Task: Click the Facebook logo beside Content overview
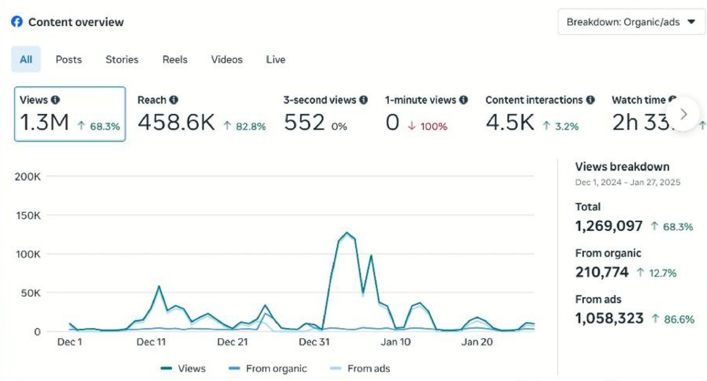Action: click(x=17, y=22)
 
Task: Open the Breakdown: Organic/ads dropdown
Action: click(x=631, y=22)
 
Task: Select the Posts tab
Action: click(x=68, y=59)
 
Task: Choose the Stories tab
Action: click(x=122, y=59)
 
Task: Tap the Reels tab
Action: click(x=175, y=59)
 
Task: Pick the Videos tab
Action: click(x=227, y=59)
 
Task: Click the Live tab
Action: click(x=275, y=59)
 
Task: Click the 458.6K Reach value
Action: click(x=176, y=123)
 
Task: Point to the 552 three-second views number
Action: click(x=304, y=123)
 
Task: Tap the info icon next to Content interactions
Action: click(x=590, y=100)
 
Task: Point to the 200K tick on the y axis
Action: click(x=27, y=177)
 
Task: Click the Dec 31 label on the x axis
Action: click(x=314, y=342)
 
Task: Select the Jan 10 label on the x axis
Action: click(x=395, y=342)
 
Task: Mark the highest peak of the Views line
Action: click(x=347, y=233)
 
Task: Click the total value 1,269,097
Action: click(x=608, y=226)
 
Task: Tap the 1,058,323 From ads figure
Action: click(x=609, y=318)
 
